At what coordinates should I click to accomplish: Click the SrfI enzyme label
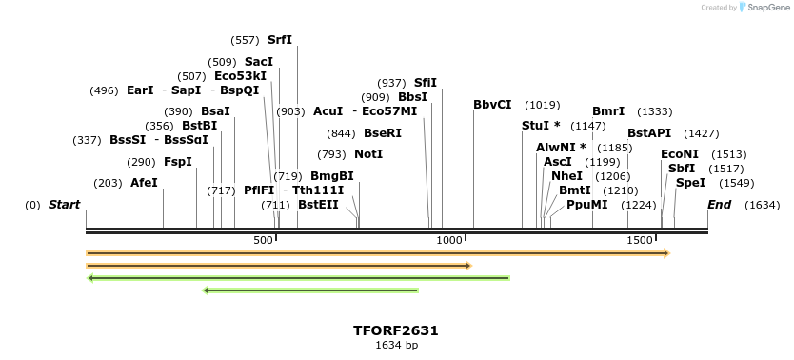point(280,40)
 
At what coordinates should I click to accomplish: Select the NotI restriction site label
point(368,154)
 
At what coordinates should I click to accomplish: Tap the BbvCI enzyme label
point(492,105)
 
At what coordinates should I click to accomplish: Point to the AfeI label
point(144,183)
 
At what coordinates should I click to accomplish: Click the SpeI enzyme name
point(690,183)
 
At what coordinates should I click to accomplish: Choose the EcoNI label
point(680,154)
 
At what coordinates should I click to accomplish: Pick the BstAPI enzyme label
point(649,133)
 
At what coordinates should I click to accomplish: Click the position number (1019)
point(543,105)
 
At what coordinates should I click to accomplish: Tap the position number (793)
point(331,154)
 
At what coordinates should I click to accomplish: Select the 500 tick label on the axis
point(263,241)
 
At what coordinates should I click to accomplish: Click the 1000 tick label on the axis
point(449,241)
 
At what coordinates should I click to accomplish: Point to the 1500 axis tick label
point(639,241)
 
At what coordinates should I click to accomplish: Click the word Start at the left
point(64,205)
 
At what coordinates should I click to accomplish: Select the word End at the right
point(719,205)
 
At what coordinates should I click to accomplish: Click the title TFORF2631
point(396,330)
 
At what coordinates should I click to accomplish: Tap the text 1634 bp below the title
point(396,345)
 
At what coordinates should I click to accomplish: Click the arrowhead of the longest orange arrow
point(666,253)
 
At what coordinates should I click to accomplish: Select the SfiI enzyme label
point(425,83)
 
